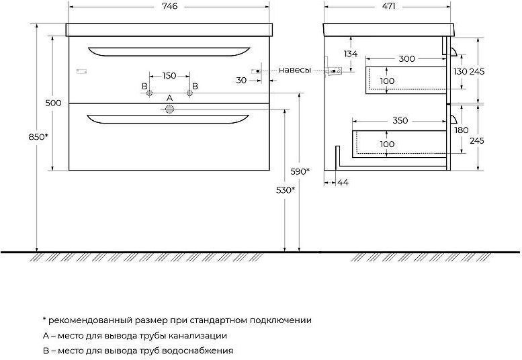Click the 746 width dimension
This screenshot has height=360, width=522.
pos(170,6)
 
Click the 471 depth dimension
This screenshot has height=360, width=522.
pos(388,6)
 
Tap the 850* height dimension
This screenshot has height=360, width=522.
pos(38,137)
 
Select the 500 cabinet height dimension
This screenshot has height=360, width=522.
pos(53,103)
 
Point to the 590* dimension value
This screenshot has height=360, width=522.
pos(300,172)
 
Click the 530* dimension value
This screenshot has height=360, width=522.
pos(286,190)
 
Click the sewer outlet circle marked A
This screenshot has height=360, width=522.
pos(169,109)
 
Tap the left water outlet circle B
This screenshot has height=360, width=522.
pos(149,93)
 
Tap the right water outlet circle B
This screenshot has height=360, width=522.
pos(189,93)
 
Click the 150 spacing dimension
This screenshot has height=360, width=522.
pos(169,76)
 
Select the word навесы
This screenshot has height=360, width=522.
pos(295,71)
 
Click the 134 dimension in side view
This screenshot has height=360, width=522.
pos(351,54)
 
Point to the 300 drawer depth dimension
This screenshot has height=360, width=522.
pos(406,59)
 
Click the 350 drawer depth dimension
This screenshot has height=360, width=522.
pos(400,120)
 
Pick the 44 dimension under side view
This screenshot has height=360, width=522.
pos(343,182)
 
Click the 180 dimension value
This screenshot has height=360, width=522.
pos(461,130)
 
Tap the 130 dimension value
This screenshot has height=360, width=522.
pos(460,72)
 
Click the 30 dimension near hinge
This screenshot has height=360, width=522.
pos(241,80)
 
